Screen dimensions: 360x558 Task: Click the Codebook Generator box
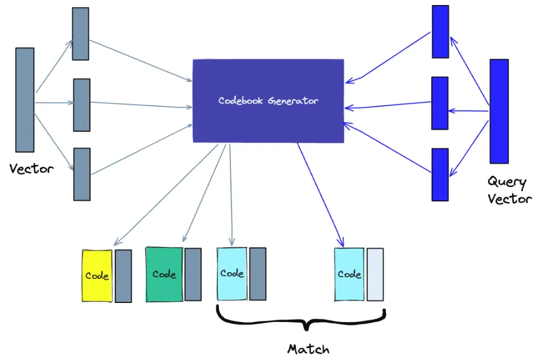[x=268, y=101]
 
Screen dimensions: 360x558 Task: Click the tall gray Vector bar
[x=25, y=100]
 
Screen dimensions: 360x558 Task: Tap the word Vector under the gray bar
[x=32, y=169]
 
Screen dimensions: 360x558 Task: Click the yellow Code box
[x=97, y=276]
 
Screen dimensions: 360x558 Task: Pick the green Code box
[x=164, y=274]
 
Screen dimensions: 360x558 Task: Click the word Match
[x=308, y=349]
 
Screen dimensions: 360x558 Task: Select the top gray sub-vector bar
[x=81, y=34]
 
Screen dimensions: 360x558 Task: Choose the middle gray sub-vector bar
[x=82, y=105]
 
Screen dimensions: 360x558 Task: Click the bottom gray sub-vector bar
[x=82, y=174]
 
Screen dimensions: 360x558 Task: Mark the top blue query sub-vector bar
[x=440, y=31]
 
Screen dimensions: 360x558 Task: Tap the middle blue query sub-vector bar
[x=439, y=103]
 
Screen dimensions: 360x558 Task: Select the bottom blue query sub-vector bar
[x=440, y=174]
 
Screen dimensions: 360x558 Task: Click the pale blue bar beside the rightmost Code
[x=375, y=274]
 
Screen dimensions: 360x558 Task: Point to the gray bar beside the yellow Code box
[x=123, y=276]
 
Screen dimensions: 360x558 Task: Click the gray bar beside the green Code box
[x=193, y=274]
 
